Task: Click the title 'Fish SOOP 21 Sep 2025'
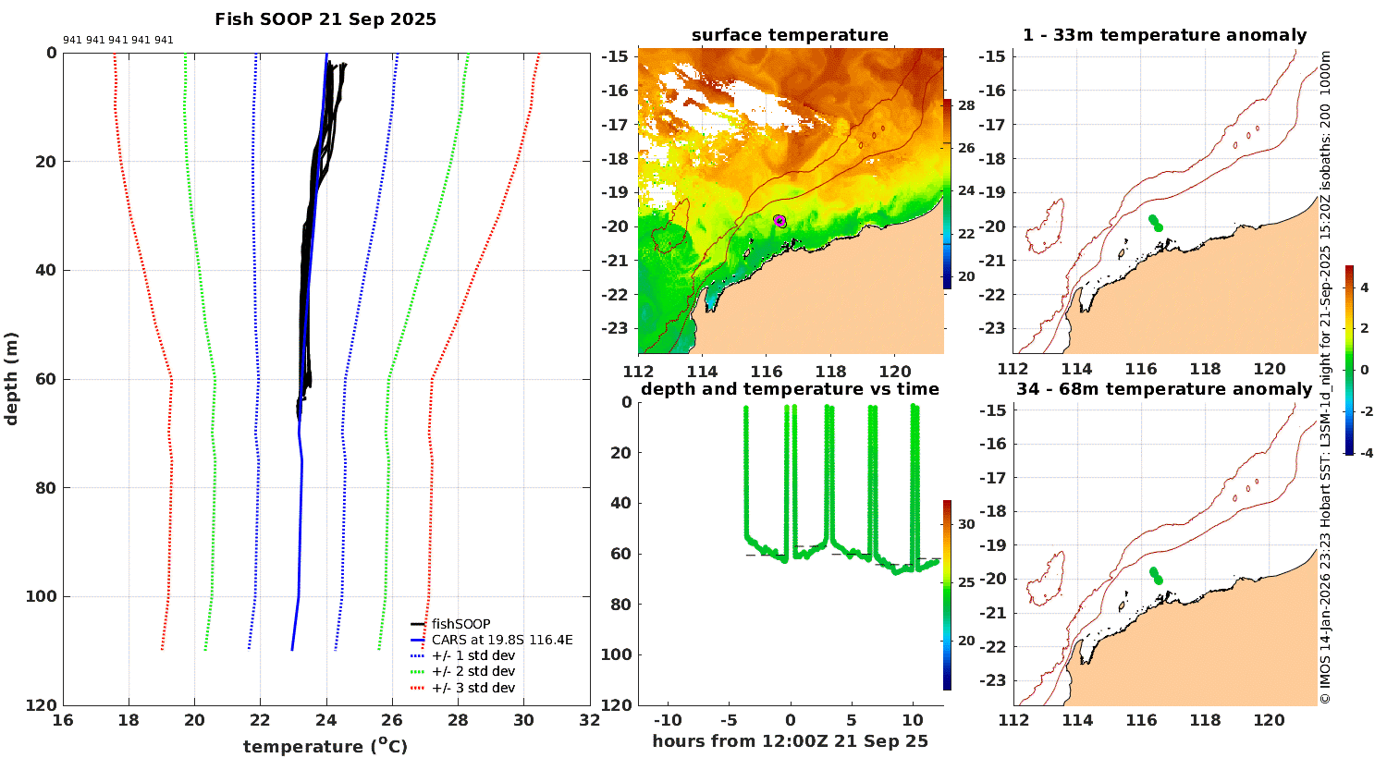point(325,19)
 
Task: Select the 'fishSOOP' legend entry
point(460,624)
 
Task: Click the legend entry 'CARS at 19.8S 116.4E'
point(502,640)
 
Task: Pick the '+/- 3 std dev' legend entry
point(473,688)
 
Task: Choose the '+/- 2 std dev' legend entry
point(473,671)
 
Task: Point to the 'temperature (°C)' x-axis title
point(325,746)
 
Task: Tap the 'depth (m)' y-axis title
point(12,378)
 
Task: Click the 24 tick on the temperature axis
point(326,721)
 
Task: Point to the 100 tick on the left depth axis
point(40,597)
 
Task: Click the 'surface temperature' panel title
point(790,35)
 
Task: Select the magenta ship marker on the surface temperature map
point(779,220)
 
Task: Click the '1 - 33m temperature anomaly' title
point(1164,35)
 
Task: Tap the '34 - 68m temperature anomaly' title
point(1164,389)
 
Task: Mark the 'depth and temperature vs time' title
point(790,389)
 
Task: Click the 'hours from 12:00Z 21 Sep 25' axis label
point(790,741)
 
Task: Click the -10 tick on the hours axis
point(668,721)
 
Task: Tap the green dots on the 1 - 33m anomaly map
point(1155,223)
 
